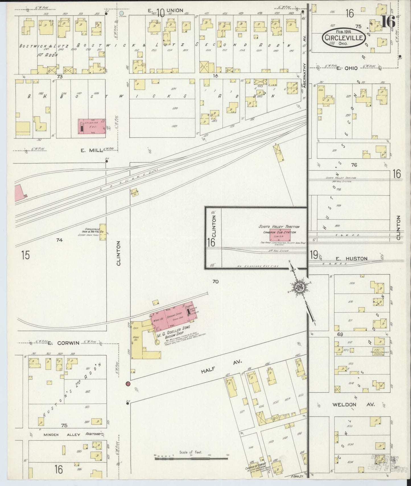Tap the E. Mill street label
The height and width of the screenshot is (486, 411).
click(x=87, y=151)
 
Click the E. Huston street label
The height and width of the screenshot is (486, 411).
click(x=356, y=258)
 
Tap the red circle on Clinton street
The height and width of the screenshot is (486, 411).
click(x=128, y=384)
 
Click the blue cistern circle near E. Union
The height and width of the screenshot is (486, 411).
click(x=121, y=13)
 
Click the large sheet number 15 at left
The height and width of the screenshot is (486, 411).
click(x=25, y=255)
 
